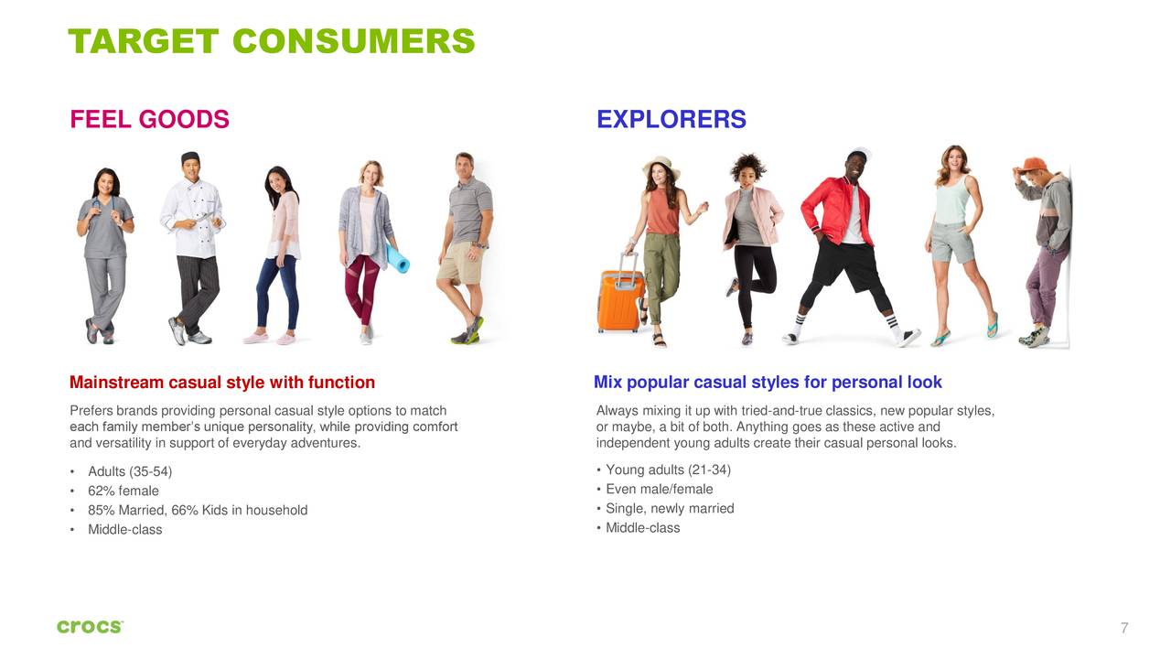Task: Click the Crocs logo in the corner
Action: coord(90,627)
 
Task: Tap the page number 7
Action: coord(1124,628)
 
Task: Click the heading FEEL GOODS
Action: coord(149,120)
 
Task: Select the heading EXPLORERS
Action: coord(671,120)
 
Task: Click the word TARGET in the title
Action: coord(143,41)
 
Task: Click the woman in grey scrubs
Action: coord(104,247)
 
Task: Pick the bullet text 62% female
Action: coord(123,492)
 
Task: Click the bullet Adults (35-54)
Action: coord(129,472)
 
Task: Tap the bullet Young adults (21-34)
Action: coord(668,470)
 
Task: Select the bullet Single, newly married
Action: coord(670,509)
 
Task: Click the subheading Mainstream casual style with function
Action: coord(222,383)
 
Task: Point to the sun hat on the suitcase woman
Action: coord(661,166)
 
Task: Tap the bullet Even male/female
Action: coord(659,490)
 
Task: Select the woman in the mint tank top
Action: coord(956,238)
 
